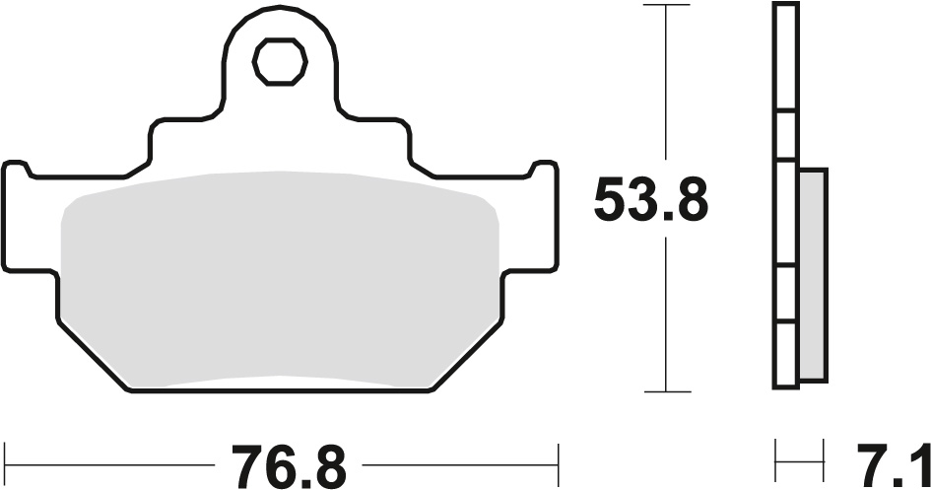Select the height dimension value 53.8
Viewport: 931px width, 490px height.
[650, 203]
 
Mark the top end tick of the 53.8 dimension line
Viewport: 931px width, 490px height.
[668, 5]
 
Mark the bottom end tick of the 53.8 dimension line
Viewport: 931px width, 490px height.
[668, 391]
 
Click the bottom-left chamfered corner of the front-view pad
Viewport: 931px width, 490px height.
[94, 355]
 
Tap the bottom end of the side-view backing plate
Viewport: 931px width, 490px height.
[785, 385]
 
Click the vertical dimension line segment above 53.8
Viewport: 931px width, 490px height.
[668, 89]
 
